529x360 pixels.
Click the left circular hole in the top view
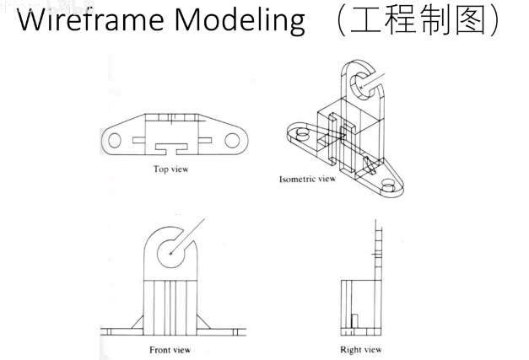(x=115, y=139)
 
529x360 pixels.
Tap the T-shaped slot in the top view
(x=173, y=149)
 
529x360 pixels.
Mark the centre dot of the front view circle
(x=171, y=252)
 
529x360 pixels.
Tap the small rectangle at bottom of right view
(x=355, y=323)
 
